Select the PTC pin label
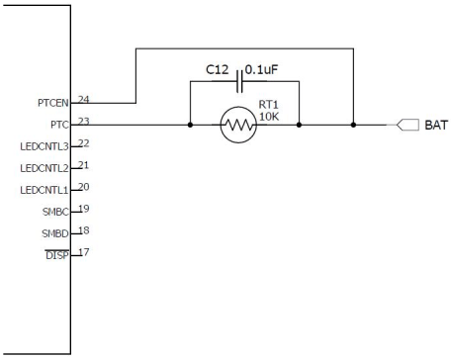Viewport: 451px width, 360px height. [57, 124]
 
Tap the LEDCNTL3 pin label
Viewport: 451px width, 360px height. [43, 145]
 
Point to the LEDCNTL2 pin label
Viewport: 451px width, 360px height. [43, 167]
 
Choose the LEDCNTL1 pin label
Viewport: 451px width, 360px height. [43, 188]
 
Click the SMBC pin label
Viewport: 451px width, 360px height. [53, 210]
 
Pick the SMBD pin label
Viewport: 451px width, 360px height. [53, 231]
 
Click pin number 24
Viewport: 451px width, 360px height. [83, 98]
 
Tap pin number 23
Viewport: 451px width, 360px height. [83, 120]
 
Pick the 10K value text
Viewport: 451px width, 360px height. [270, 117]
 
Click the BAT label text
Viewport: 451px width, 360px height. [432, 126]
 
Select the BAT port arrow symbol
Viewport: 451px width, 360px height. [406, 126]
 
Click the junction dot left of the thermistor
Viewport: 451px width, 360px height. [189, 126]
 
